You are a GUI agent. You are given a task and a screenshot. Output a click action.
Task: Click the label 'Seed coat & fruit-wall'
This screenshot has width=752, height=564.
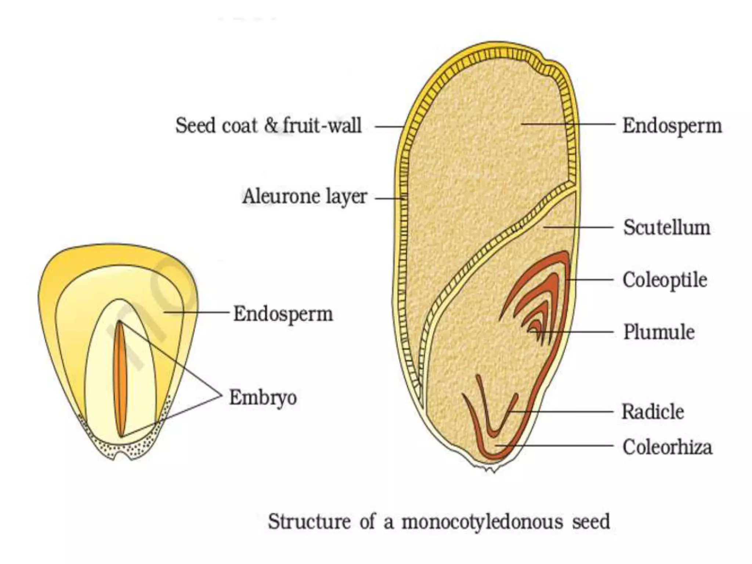[268, 126]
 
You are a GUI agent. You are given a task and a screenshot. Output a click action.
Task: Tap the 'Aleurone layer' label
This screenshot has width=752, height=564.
[304, 196]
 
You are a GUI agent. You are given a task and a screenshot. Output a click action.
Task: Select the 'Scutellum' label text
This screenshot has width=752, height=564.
[666, 228]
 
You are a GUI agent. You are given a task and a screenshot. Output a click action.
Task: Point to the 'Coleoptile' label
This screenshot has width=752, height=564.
[665, 280]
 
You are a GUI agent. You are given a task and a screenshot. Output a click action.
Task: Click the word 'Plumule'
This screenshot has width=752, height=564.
[659, 332]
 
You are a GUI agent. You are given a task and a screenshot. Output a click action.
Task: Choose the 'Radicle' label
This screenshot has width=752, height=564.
[653, 412]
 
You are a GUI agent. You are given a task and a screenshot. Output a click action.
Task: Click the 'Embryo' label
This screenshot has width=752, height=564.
[263, 397]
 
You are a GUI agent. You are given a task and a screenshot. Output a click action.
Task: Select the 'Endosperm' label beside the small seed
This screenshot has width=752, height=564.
[283, 314]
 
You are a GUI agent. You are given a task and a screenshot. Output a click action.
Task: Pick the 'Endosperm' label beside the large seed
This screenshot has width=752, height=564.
[672, 126]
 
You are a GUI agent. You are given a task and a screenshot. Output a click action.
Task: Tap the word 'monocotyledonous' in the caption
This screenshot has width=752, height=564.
[482, 522]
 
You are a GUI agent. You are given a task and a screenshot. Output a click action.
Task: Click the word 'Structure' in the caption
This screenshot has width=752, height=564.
[309, 522]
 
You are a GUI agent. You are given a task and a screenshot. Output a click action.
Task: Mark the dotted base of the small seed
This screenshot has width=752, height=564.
[121, 446]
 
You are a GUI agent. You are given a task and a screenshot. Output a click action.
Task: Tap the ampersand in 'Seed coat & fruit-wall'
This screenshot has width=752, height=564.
[271, 126]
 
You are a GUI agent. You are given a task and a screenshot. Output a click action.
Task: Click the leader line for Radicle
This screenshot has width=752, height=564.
[562, 412]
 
